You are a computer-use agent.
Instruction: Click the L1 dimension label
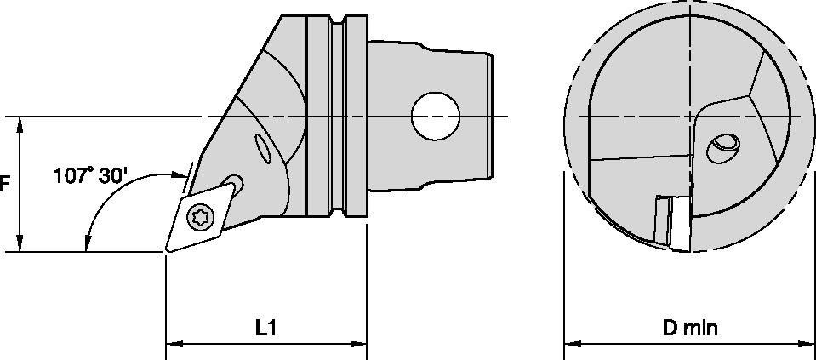click(266, 327)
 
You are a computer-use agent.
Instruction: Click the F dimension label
click(5, 184)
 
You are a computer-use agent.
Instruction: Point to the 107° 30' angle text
click(91, 176)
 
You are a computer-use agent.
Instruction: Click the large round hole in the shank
click(435, 116)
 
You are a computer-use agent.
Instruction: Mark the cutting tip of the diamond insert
click(167, 251)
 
